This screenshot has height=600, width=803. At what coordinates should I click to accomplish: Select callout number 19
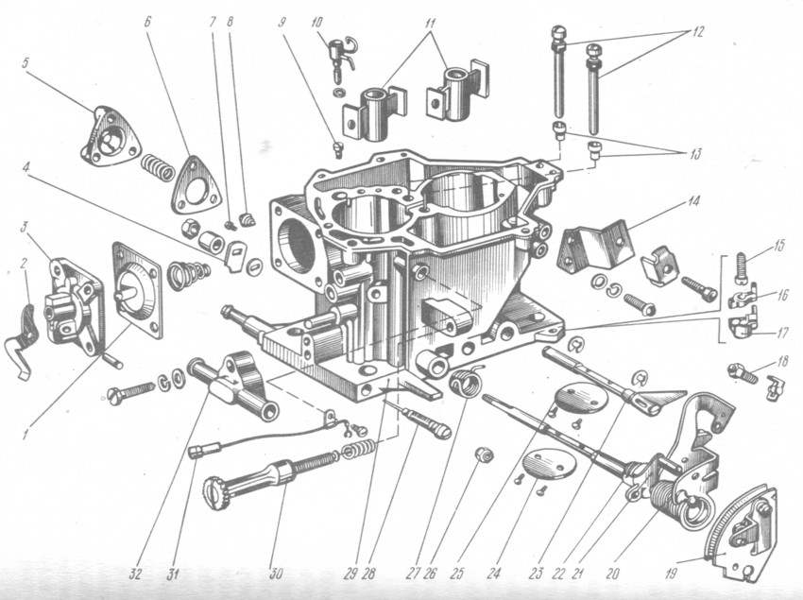pyautogui.click(x=671, y=573)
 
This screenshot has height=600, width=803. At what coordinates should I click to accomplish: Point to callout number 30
pyautogui.click(x=276, y=574)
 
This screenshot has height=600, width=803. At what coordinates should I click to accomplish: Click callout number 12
pyautogui.click(x=696, y=31)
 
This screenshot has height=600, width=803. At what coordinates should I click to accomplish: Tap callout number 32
pyautogui.click(x=135, y=574)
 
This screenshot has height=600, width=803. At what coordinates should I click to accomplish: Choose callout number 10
pyautogui.click(x=316, y=24)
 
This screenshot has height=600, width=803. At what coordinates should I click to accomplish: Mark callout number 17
pyautogui.click(x=782, y=333)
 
